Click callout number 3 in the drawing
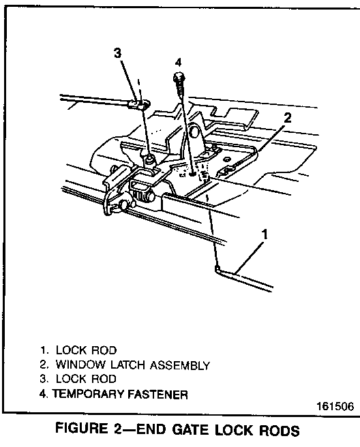tap(117, 53)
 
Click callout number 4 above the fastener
tap(178, 62)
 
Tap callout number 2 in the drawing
tap(288, 118)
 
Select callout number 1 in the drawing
tap(265, 234)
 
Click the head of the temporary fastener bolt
tap(179, 77)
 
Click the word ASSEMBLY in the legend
tap(180, 365)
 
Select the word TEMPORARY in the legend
tap(89, 394)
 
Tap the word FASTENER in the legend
tap(157, 395)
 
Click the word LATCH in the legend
tap(128, 365)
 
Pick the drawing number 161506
tap(335, 406)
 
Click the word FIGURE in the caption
tap(81, 429)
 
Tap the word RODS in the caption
tap(280, 431)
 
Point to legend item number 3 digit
tap(43, 379)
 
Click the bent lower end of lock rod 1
tap(217, 268)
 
